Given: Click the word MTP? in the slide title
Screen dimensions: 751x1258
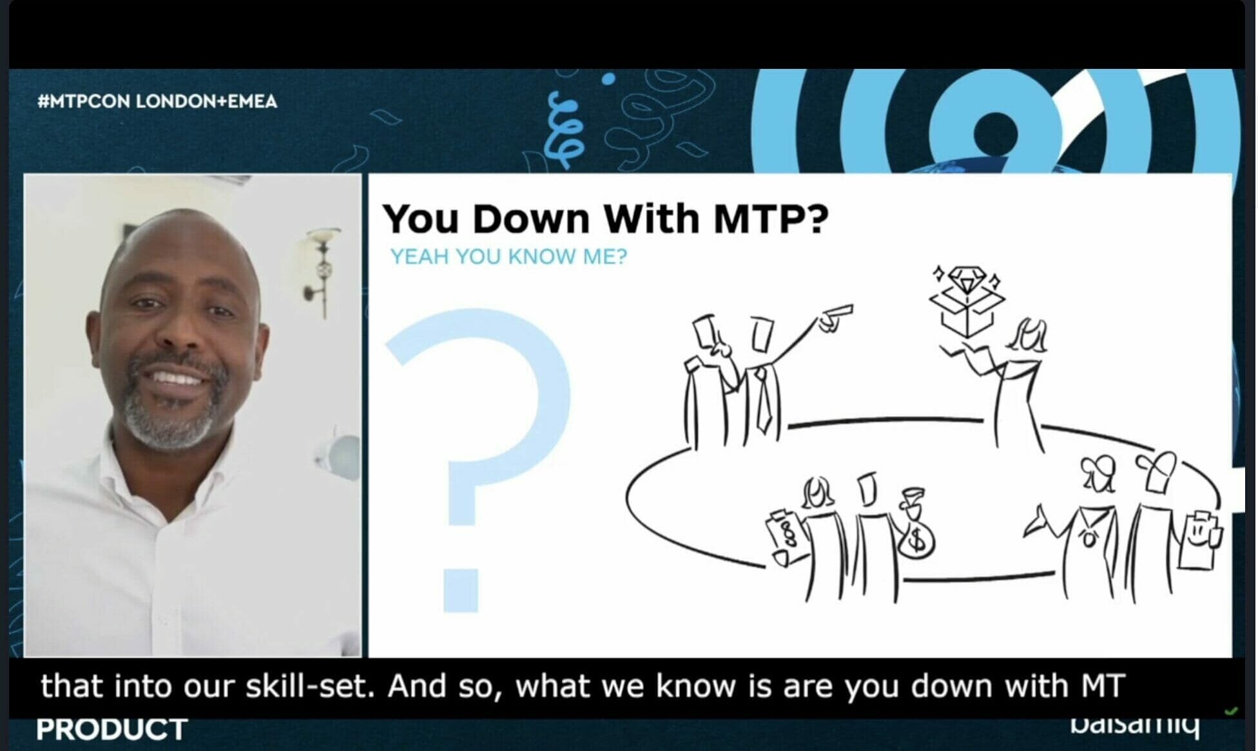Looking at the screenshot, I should pos(771,219).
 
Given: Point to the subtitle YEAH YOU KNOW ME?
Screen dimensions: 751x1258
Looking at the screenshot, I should pos(508,257).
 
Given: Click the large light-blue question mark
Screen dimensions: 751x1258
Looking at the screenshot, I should pos(477,451).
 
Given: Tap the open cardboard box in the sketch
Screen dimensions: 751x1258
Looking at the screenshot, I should pos(965,313).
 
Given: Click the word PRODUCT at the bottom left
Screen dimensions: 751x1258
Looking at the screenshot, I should pos(111,730).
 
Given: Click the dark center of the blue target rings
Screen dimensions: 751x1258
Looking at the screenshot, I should pos(996,133).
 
